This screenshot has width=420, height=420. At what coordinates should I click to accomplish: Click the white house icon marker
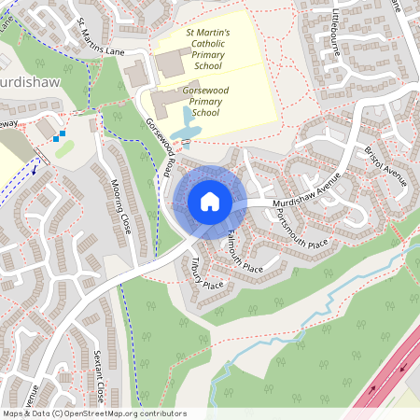coord(210,201)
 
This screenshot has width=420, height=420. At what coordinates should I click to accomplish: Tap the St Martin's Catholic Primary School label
coord(209,49)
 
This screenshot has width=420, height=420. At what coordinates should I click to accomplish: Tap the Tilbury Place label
coord(208,273)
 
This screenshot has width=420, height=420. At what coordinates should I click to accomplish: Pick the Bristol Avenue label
coord(385,165)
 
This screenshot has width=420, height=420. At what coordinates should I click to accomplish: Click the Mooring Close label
coord(121,205)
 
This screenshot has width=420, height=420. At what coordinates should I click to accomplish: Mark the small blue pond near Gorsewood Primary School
coord(189,121)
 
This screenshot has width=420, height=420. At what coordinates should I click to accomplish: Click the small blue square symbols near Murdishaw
coord(60,136)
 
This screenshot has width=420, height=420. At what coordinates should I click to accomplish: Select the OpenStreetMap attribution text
coord(93,413)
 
